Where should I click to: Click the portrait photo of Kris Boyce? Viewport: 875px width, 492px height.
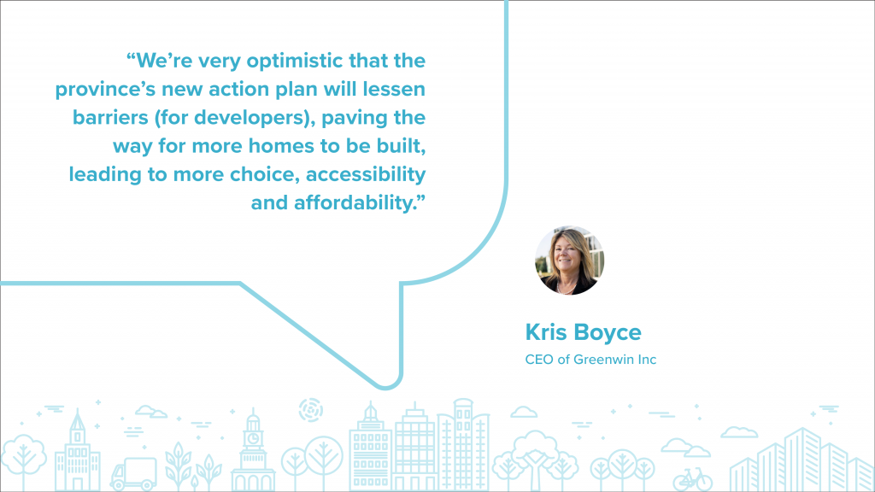pyautogui.click(x=569, y=260)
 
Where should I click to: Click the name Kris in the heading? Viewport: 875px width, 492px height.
pyautogui.click(x=546, y=332)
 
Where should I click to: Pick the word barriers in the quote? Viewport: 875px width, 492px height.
pyautogui.click(x=110, y=118)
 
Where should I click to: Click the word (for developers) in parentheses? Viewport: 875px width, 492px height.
pyautogui.click(x=234, y=118)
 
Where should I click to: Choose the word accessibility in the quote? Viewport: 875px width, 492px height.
pyautogui.click(x=366, y=175)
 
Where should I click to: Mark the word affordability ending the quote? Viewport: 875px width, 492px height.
pyautogui.click(x=355, y=203)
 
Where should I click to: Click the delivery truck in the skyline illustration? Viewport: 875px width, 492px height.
pyautogui.click(x=133, y=473)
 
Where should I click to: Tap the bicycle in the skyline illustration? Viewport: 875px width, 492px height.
pyautogui.click(x=692, y=478)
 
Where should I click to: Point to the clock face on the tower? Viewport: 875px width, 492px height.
pyautogui.click(x=253, y=438)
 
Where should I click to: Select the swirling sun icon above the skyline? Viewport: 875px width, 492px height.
pyautogui.click(x=311, y=410)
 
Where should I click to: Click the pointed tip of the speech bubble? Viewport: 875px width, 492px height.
pyautogui.click(x=386, y=387)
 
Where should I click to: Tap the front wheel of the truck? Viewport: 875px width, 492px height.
pyautogui.click(x=118, y=486)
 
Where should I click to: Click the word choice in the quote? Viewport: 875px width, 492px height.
pyautogui.click(x=266, y=174)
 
